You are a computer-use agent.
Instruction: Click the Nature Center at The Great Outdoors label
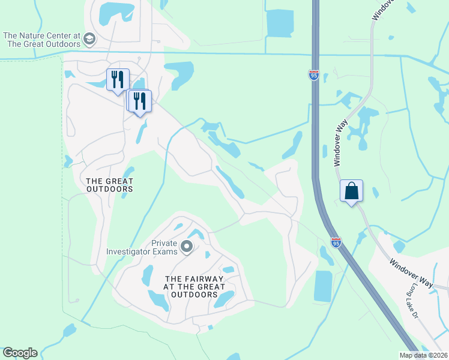coord(41,40)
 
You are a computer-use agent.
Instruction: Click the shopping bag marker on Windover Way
coord(351,191)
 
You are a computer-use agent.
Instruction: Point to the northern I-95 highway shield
coord(314,75)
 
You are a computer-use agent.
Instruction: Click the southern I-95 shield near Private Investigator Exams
coord(336,242)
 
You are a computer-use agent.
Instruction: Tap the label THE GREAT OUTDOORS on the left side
coord(109,185)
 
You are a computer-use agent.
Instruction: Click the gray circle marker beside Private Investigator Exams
coord(187,247)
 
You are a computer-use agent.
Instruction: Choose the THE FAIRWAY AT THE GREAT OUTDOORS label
coord(194,287)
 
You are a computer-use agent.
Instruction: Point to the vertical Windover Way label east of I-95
coord(340,142)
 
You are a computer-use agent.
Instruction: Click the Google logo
coord(20,353)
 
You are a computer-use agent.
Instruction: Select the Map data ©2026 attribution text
coord(424,355)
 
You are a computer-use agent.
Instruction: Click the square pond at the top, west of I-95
coord(280,23)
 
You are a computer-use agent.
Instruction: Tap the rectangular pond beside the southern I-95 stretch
coord(322,286)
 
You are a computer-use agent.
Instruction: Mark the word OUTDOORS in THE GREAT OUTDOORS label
coord(109,189)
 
